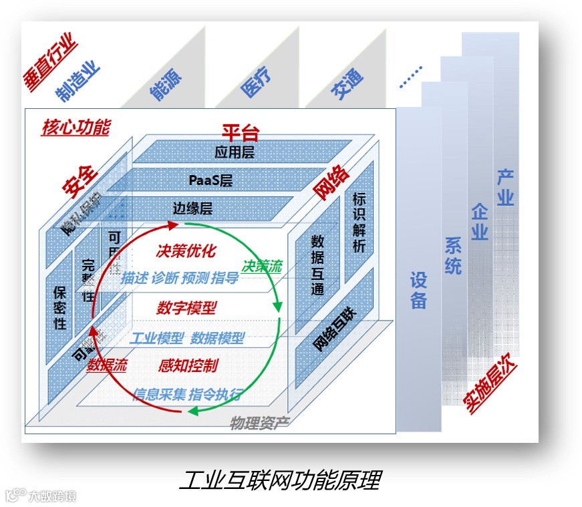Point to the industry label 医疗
click(x=256, y=85)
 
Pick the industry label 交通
click(x=347, y=84)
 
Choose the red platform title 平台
click(x=241, y=132)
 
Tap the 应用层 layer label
click(x=235, y=152)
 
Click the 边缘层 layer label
click(x=192, y=208)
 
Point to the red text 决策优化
click(x=186, y=251)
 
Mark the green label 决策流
click(x=261, y=266)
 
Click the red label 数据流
click(x=107, y=365)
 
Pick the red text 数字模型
click(x=186, y=308)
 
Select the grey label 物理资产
click(x=255, y=422)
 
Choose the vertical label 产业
click(x=505, y=188)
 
